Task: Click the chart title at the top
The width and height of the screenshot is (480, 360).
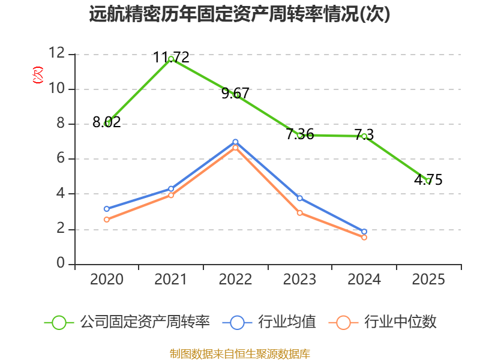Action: [x=239, y=14]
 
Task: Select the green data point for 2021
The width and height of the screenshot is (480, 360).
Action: [x=171, y=59]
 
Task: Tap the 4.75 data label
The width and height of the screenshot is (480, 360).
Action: [x=428, y=179]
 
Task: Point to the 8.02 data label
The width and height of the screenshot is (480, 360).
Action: [x=107, y=122]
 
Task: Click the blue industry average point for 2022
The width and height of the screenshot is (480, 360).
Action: [x=235, y=142]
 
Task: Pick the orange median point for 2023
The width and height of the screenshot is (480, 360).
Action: [x=300, y=213]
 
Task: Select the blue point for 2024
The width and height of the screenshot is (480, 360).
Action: [x=364, y=232]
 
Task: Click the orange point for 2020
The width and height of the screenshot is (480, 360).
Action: [x=107, y=220]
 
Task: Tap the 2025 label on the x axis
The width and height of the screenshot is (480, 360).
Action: [x=428, y=280]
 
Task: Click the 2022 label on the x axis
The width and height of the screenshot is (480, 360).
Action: [x=235, y=280]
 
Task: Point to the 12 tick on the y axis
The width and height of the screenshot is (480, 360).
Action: [x=57, y=53]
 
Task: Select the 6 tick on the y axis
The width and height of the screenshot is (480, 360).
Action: [x=61, y=158]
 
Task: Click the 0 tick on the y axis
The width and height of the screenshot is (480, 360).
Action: [x=61, y=263]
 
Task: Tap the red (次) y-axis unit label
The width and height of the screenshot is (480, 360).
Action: [x=38, y=75]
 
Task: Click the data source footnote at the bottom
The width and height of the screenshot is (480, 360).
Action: [x=240, y=354]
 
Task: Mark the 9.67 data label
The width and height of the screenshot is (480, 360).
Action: [x=235, y=94]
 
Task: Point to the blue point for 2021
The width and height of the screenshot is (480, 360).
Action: [x=171, y=189]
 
